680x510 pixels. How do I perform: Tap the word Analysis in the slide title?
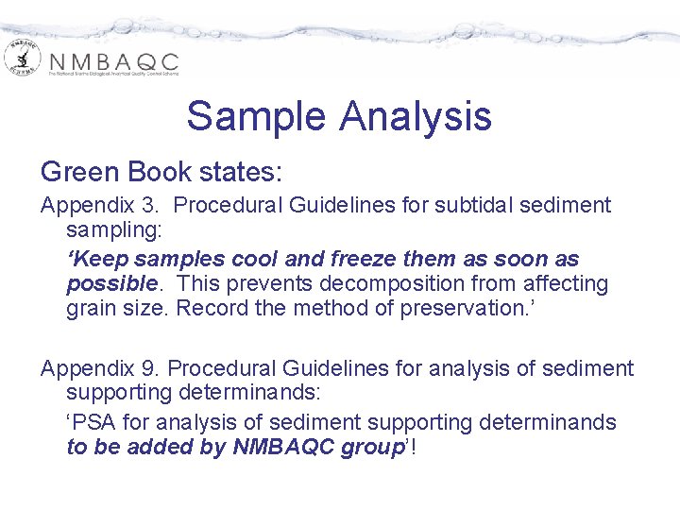click(416, 117)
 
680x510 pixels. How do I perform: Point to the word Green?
click(82, 172)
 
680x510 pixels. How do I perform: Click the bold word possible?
click(110, 283)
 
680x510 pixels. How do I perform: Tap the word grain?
click(93, 308)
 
